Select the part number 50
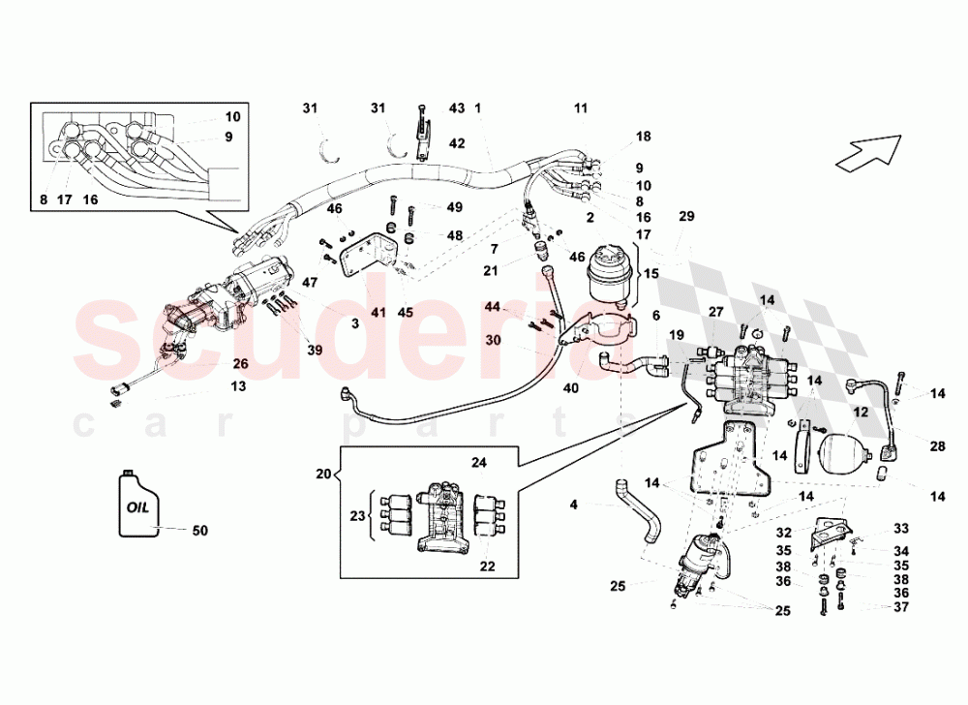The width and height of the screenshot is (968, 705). [x=199, y=531]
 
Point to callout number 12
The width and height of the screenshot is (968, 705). [x=859, y=411]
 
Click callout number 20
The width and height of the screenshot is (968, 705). [x=322, y=474]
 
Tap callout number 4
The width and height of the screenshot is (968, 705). [x=573, y=504]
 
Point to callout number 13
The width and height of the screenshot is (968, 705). [x=238, y=385]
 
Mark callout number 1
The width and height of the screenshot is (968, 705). [x=477, y=107]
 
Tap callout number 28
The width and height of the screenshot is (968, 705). [x=938, y=446]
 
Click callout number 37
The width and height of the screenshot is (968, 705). [x=902, y=607]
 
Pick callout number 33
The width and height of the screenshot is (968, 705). [x=901, y=529]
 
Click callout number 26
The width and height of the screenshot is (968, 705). [x=239, y=364]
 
